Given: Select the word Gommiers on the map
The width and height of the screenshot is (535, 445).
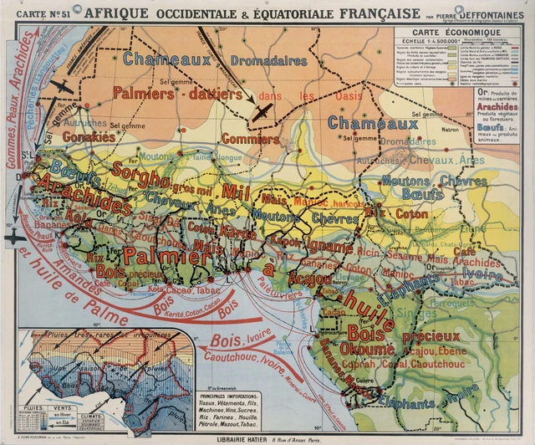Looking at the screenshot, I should [250, 139].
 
